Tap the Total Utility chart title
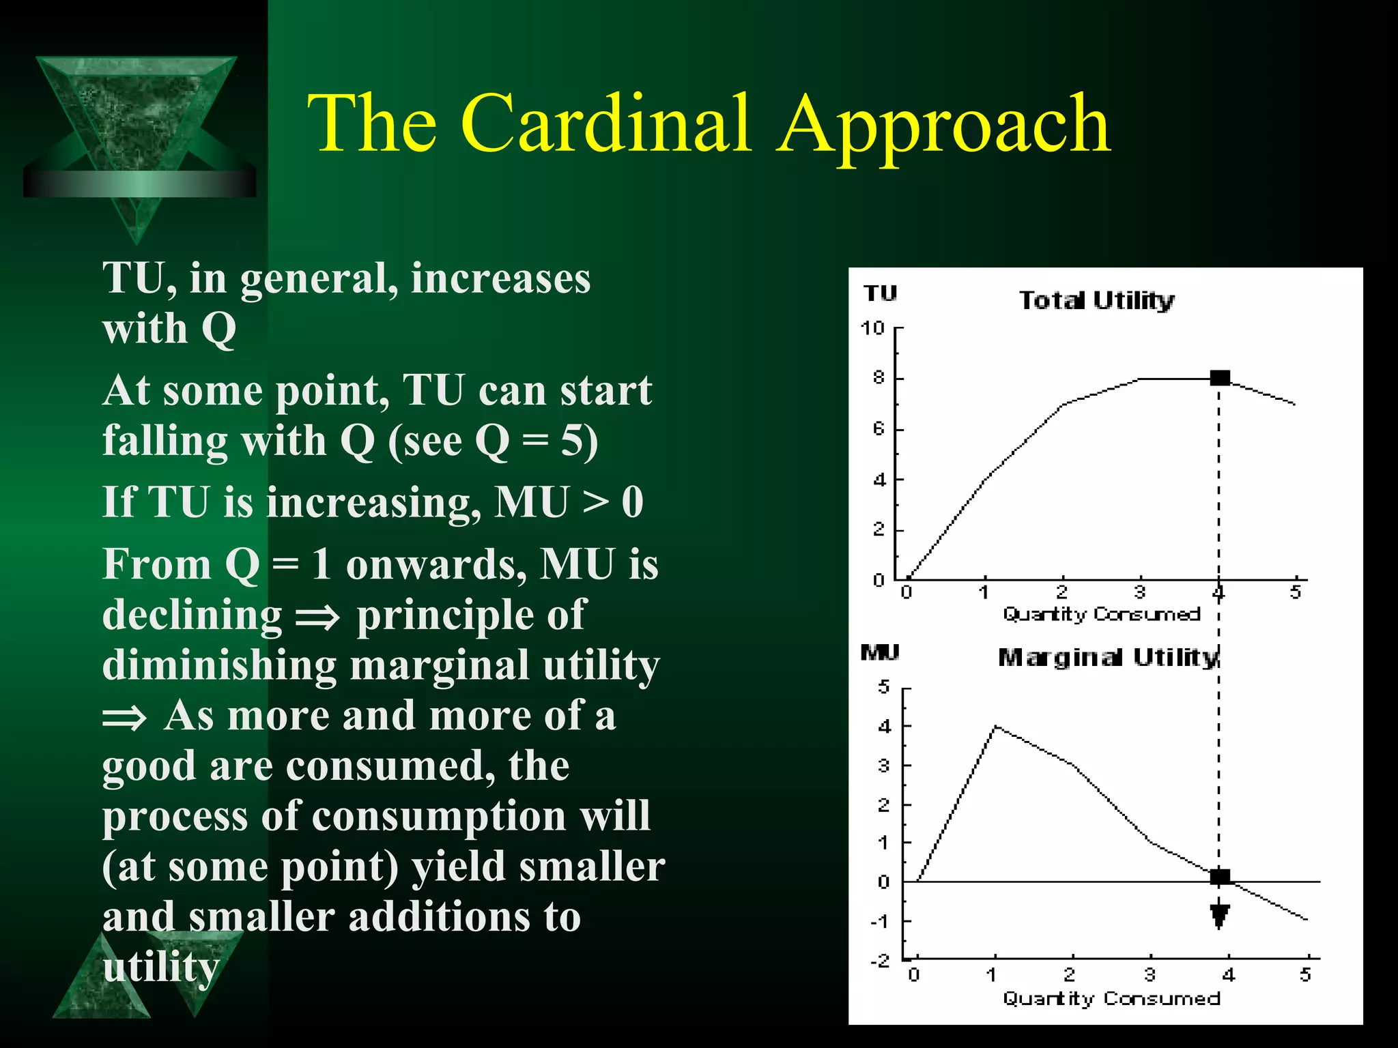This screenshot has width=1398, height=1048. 1096,300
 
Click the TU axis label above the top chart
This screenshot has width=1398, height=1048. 880,293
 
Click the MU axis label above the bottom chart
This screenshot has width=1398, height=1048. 879,652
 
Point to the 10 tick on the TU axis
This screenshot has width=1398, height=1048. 872,328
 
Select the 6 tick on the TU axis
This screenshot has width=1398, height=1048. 879,429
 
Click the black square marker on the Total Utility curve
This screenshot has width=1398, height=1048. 1219,377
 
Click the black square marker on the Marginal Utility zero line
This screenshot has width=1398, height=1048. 1219,877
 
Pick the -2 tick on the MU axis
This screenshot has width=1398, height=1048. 881,960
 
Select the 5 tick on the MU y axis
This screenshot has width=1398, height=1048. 884,686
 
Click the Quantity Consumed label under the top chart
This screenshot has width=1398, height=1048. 1101,614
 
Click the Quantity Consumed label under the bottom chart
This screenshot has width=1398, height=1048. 1111,998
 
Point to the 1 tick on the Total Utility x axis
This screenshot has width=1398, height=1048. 984,592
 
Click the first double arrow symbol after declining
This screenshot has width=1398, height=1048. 317,618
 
